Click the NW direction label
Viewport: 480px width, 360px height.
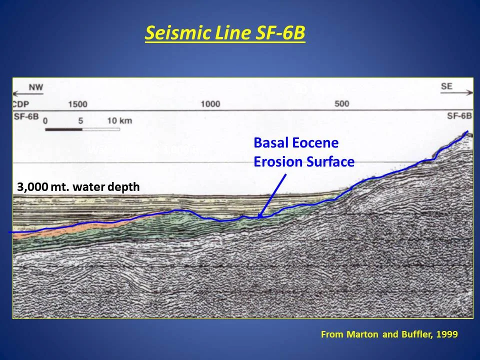coord(35,87)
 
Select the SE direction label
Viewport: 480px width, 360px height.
coord(446,86)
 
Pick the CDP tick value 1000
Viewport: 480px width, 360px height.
coord(210,104)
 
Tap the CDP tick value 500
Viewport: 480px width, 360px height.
coord(341,104)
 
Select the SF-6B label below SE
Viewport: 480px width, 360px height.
coord(459,116)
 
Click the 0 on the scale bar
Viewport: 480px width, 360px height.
coord(45,121)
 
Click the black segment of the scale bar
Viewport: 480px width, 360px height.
coord(63,129)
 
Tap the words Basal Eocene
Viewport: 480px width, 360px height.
coord(296,143)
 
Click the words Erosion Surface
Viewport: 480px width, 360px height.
coord(304,162)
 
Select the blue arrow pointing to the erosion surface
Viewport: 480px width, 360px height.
coord(272,195)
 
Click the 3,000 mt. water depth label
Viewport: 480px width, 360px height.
coord(78,187)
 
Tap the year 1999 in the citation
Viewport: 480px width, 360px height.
coord(446,334)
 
